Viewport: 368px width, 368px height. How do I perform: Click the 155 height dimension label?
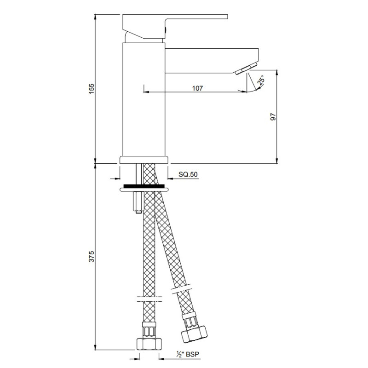click(x=91, y=89)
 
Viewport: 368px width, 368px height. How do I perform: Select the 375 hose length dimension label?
click(x=91, y=257)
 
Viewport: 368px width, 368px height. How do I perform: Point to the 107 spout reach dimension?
click(x=197, y=88)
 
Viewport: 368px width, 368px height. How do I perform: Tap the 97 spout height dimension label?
click(x=273, y=117)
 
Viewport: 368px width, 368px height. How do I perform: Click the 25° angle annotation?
click(x=261, y=80)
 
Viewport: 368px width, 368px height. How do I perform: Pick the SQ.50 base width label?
click(x=188, y=174)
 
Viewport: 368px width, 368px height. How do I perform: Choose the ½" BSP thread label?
click(x=188, y=354)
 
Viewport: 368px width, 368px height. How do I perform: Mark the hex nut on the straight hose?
click(x=149, y=344)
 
